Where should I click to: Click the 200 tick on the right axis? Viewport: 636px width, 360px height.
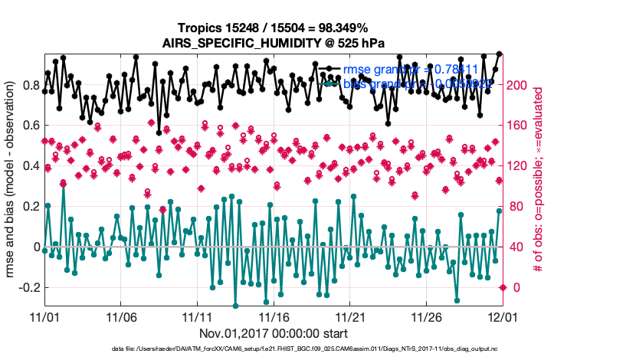(521, 85)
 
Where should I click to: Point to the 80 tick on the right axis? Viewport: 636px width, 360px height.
(519, 207)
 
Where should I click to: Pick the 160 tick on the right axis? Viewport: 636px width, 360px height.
(521, 126)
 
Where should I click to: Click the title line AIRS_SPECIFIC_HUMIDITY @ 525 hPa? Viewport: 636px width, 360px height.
(274, 44)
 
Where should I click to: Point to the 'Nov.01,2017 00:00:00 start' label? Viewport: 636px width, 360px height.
(274, 333)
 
